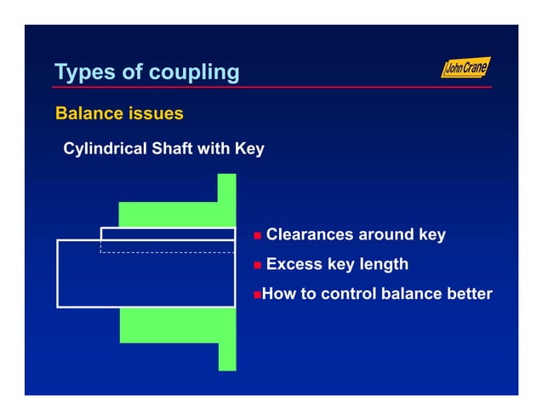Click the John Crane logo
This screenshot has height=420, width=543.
click(x=466, y=68)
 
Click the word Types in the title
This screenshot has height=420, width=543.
click(x=83, y=72)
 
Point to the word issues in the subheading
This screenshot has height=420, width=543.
click(x=157, y=113)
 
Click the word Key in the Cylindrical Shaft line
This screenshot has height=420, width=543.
click(x=249, y=149)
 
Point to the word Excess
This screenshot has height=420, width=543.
click(x=294, y=265)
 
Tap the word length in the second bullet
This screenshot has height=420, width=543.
click(x=385, y=265)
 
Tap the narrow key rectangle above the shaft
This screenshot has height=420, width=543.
click(x=168, y=233)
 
